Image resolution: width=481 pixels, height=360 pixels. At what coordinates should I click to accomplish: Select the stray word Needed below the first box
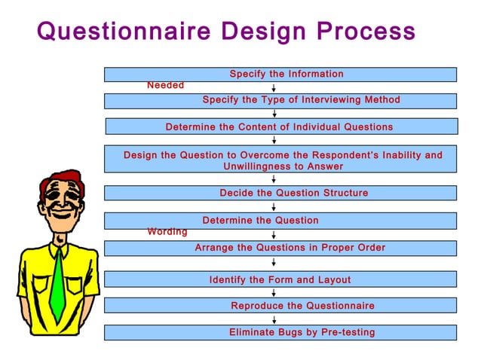point(165,86)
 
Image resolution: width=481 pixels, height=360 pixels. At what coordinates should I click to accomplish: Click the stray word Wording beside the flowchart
point(167,232)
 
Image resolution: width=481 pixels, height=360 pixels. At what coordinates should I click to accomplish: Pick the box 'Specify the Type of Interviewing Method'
point(280,100)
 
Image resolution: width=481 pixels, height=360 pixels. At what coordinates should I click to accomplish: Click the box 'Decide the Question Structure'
point(280,193)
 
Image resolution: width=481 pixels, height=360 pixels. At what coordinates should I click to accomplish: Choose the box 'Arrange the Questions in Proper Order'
point(280,248)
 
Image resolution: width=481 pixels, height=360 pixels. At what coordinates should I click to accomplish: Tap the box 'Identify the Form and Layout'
point(280,279)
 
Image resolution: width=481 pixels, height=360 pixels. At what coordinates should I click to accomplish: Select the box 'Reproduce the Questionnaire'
point(280,306)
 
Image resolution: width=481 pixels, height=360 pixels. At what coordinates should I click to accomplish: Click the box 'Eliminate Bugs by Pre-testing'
point(280,332)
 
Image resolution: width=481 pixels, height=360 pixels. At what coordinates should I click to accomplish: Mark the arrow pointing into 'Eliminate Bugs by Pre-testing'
point(274,319)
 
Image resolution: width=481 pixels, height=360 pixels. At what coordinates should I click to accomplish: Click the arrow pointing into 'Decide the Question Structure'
point(274,179)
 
